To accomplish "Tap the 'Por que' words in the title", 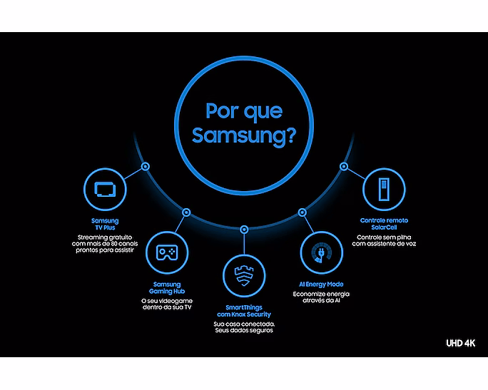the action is pyautogui.click(x=244, y=111).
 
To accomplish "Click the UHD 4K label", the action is pyautogui.click(x=461, y=343).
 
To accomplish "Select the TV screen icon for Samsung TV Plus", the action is pyautogui.click(x=105, y=189).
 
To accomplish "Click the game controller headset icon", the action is pyautogui.click(x=167, y=252).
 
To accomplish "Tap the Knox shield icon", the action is pyautogui.click(x=244, y=276).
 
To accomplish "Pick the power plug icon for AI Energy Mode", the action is pyautogui.click(x=322, y=252).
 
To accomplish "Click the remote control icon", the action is pyautogui.click(x=384, y=189).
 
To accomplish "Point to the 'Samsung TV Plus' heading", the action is pyautogui.click(x=105, y=224).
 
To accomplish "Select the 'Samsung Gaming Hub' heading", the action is pyautogui.click(x=167, y=287).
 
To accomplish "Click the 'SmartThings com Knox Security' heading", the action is pyautogui.click(x=244, y=311).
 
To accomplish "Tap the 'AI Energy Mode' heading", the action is pyautogui.click(x=321, y=284).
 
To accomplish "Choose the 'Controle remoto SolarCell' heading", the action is pyautogui.click(x=384, y=224).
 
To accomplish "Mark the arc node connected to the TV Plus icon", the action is pyautogui.click(x=146, y=166).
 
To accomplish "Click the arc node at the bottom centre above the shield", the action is pyautogui.click(x=244, y=230).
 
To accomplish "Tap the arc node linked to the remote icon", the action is pyautogui.click(x=344, y=166).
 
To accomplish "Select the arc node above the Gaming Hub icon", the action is pyautogui.click(x=186, y=212).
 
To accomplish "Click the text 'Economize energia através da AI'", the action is pyautogui.click(x=321, y=297).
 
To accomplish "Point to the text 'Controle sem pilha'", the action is pyautogui.click(x=384, y=237).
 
